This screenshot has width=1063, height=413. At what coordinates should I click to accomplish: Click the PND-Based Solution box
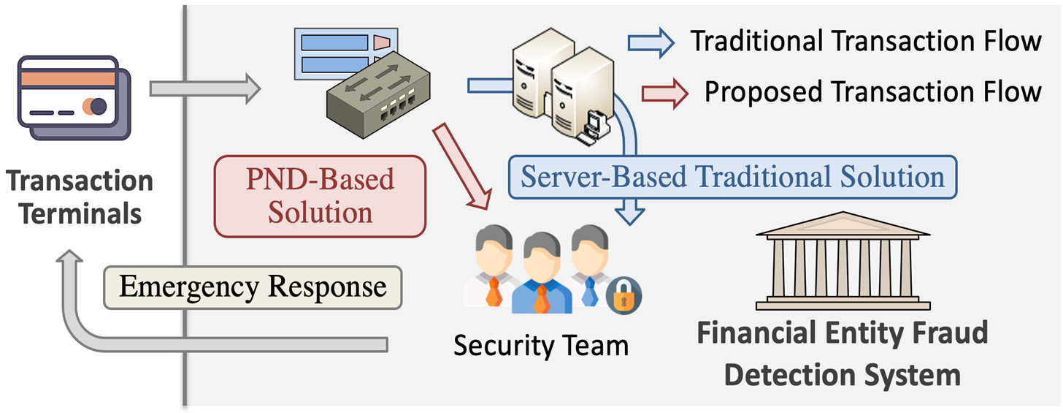coord(320,196)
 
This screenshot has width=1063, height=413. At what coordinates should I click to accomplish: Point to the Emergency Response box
coord(253,286)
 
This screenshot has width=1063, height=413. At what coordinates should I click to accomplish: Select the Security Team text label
coord(540,344)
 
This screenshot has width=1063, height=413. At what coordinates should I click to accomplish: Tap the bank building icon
coord(842,263)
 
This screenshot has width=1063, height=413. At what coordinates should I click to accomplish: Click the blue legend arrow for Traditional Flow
coord(651,43)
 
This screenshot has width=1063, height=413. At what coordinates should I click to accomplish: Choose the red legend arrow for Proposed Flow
coord(664,93)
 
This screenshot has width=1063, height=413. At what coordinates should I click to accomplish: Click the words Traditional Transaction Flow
coord(866,42)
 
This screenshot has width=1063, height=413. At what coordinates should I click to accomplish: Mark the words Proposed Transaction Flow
coord(872,92)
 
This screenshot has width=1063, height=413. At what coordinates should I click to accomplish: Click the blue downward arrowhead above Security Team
coord(629,215)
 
